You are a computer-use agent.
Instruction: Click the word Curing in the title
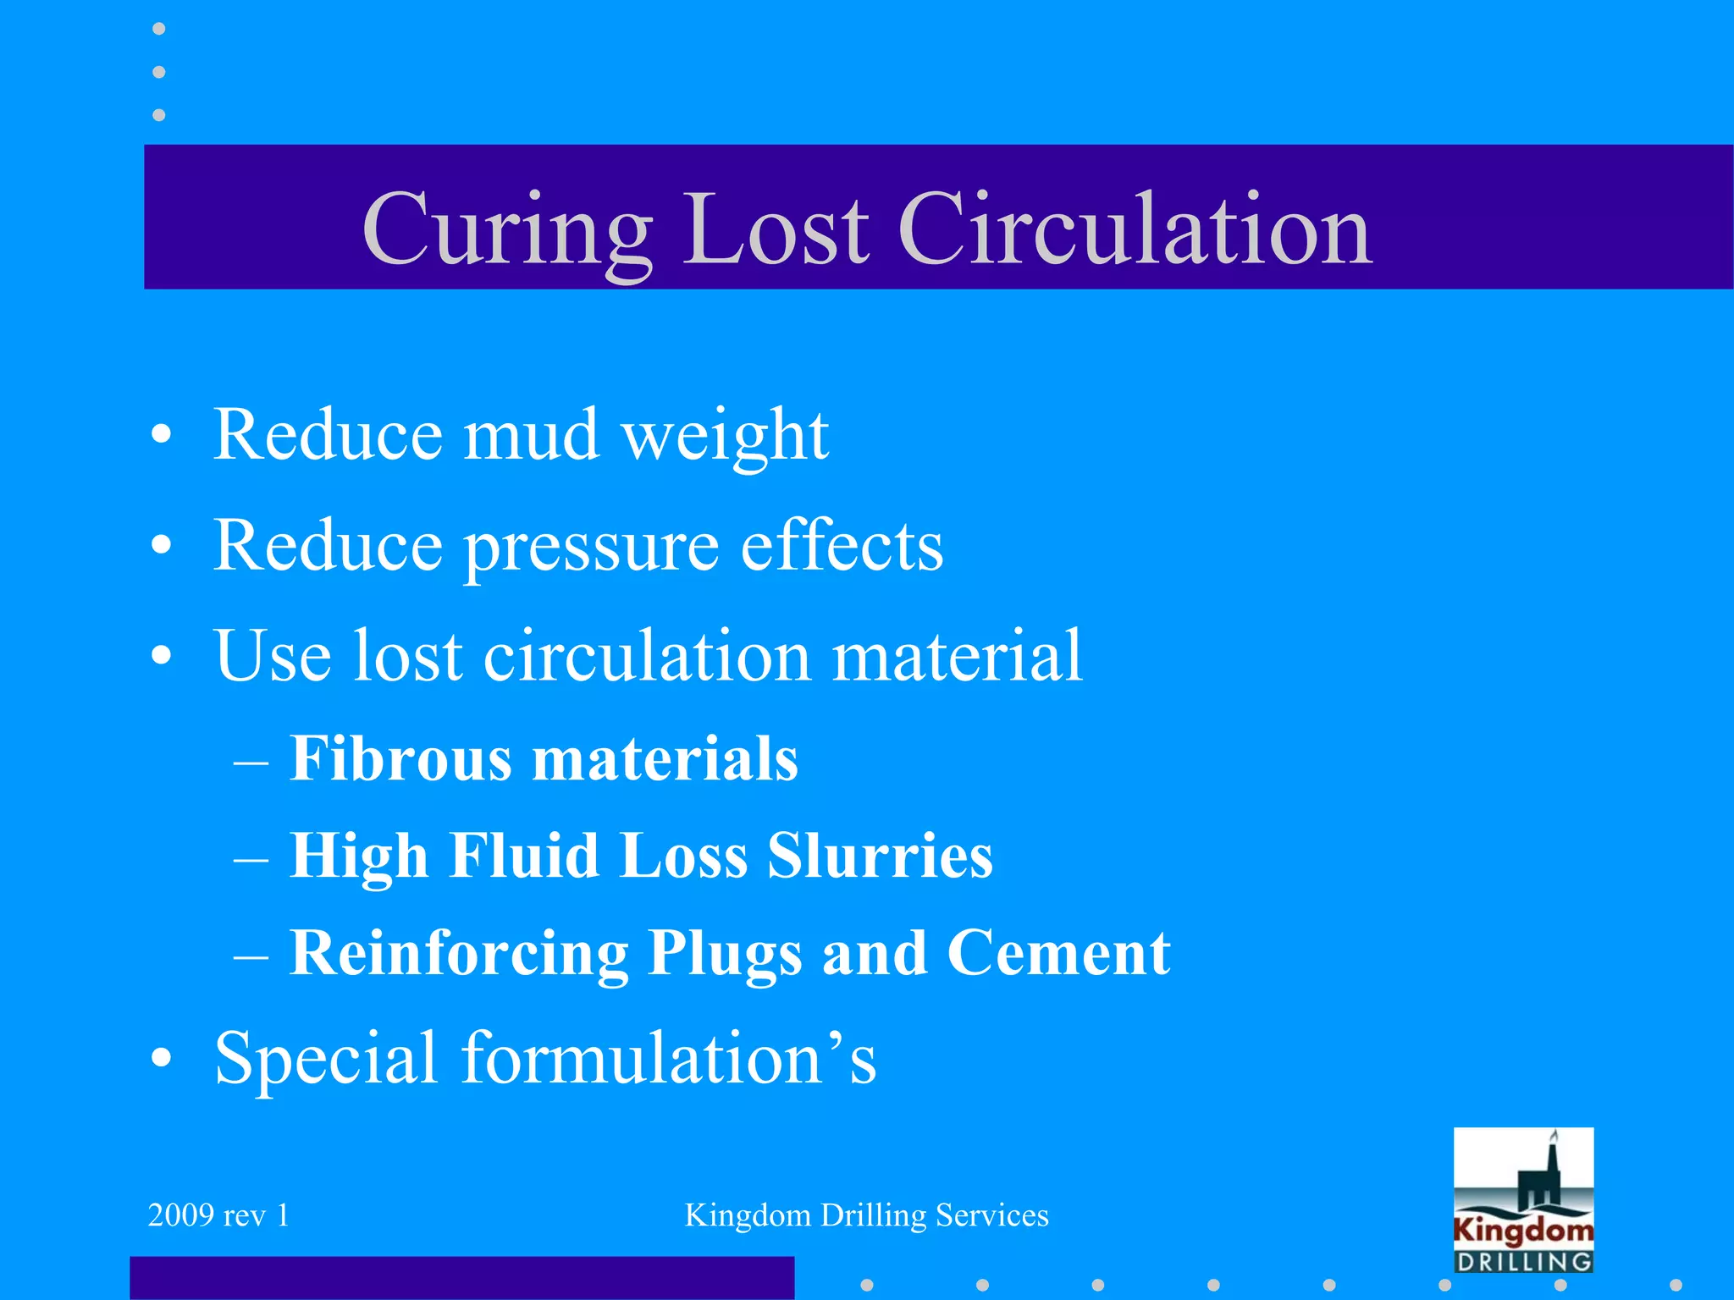pos(506,229)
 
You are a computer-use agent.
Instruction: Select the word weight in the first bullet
pos(725,437)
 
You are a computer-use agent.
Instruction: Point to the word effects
pos(842,546)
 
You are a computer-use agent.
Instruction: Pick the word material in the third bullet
pos(957,656)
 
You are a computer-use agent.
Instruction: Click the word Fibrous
pos(400,758)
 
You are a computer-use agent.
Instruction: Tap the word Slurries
pos(880,856)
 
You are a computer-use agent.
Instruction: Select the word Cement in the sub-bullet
pos(1058,953)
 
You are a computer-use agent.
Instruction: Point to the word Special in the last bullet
pos(325,1059)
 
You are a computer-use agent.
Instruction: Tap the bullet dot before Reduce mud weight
pos(161,436)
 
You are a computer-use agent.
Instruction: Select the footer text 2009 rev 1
pos(218,1215)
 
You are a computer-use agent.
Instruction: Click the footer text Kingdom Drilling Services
pos(866,1215)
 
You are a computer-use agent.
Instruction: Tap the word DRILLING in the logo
pos(1523,1261)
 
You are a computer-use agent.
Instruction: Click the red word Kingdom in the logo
pos(1523,1230)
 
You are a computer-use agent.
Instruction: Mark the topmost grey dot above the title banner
pos(158,29)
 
